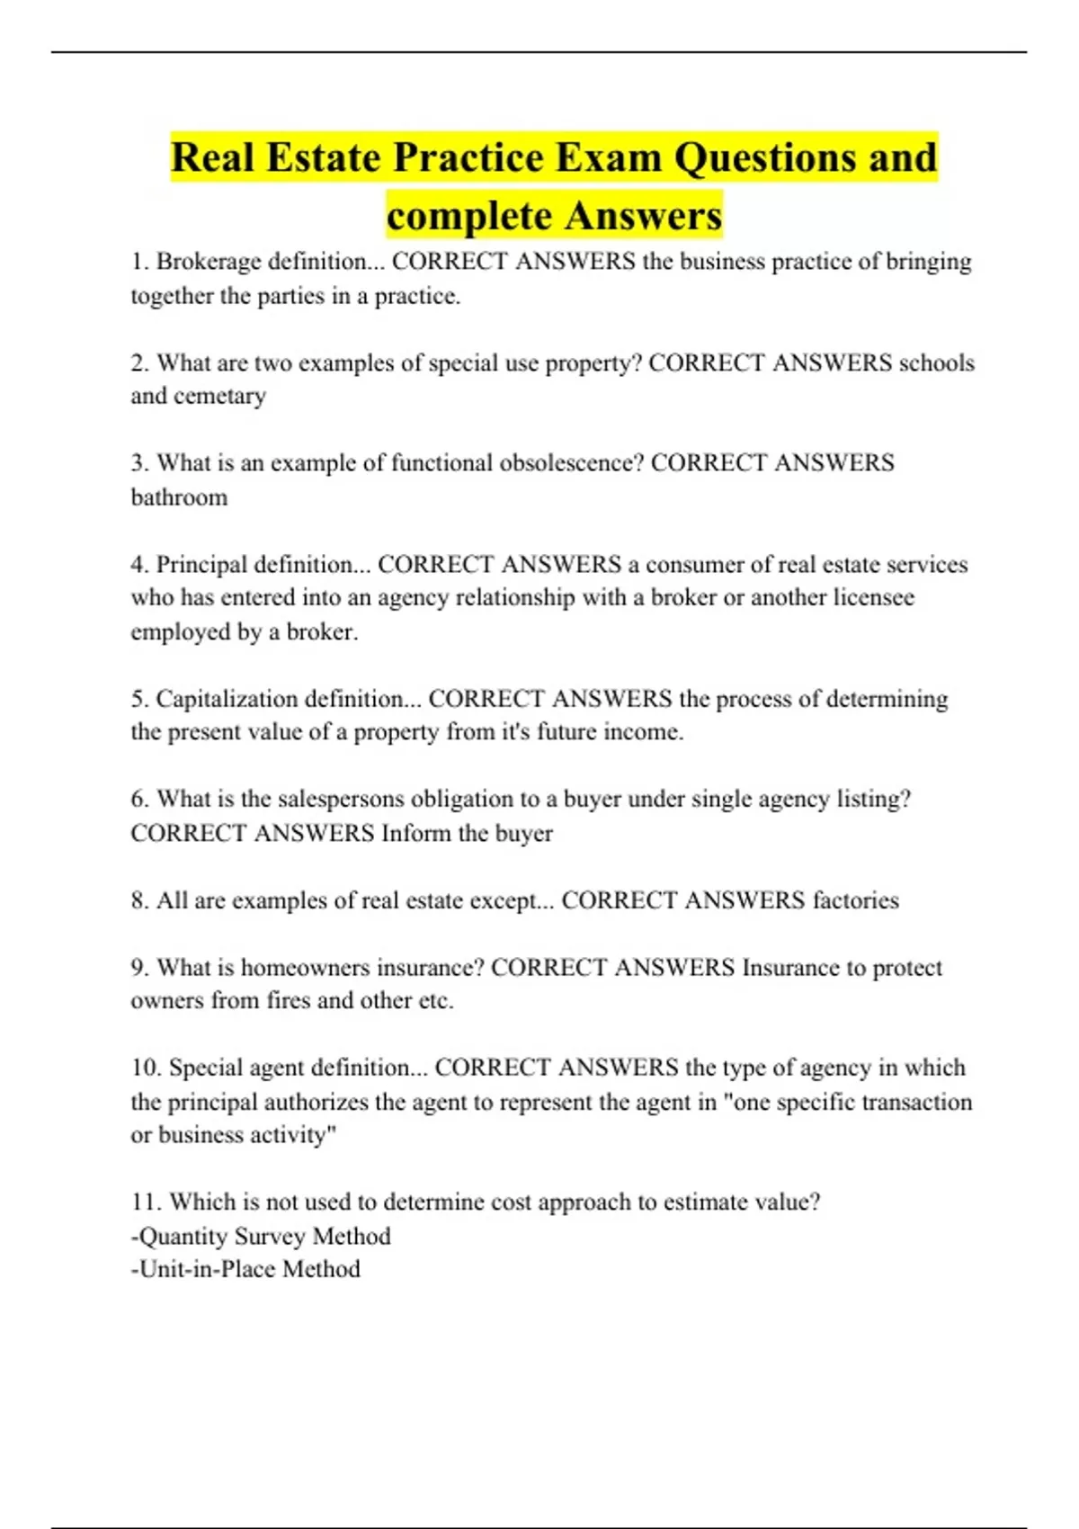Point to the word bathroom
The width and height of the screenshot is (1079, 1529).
[x=179, y=497]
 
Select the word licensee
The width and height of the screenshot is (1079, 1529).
[x=865, y=598]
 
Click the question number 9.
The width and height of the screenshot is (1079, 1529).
[x=139, y=968]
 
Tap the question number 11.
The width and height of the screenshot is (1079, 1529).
[x=147, y=1203]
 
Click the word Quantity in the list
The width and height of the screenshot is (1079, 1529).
[x=183, y=1237]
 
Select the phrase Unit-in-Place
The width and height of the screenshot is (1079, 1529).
[x=205, y=1269]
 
